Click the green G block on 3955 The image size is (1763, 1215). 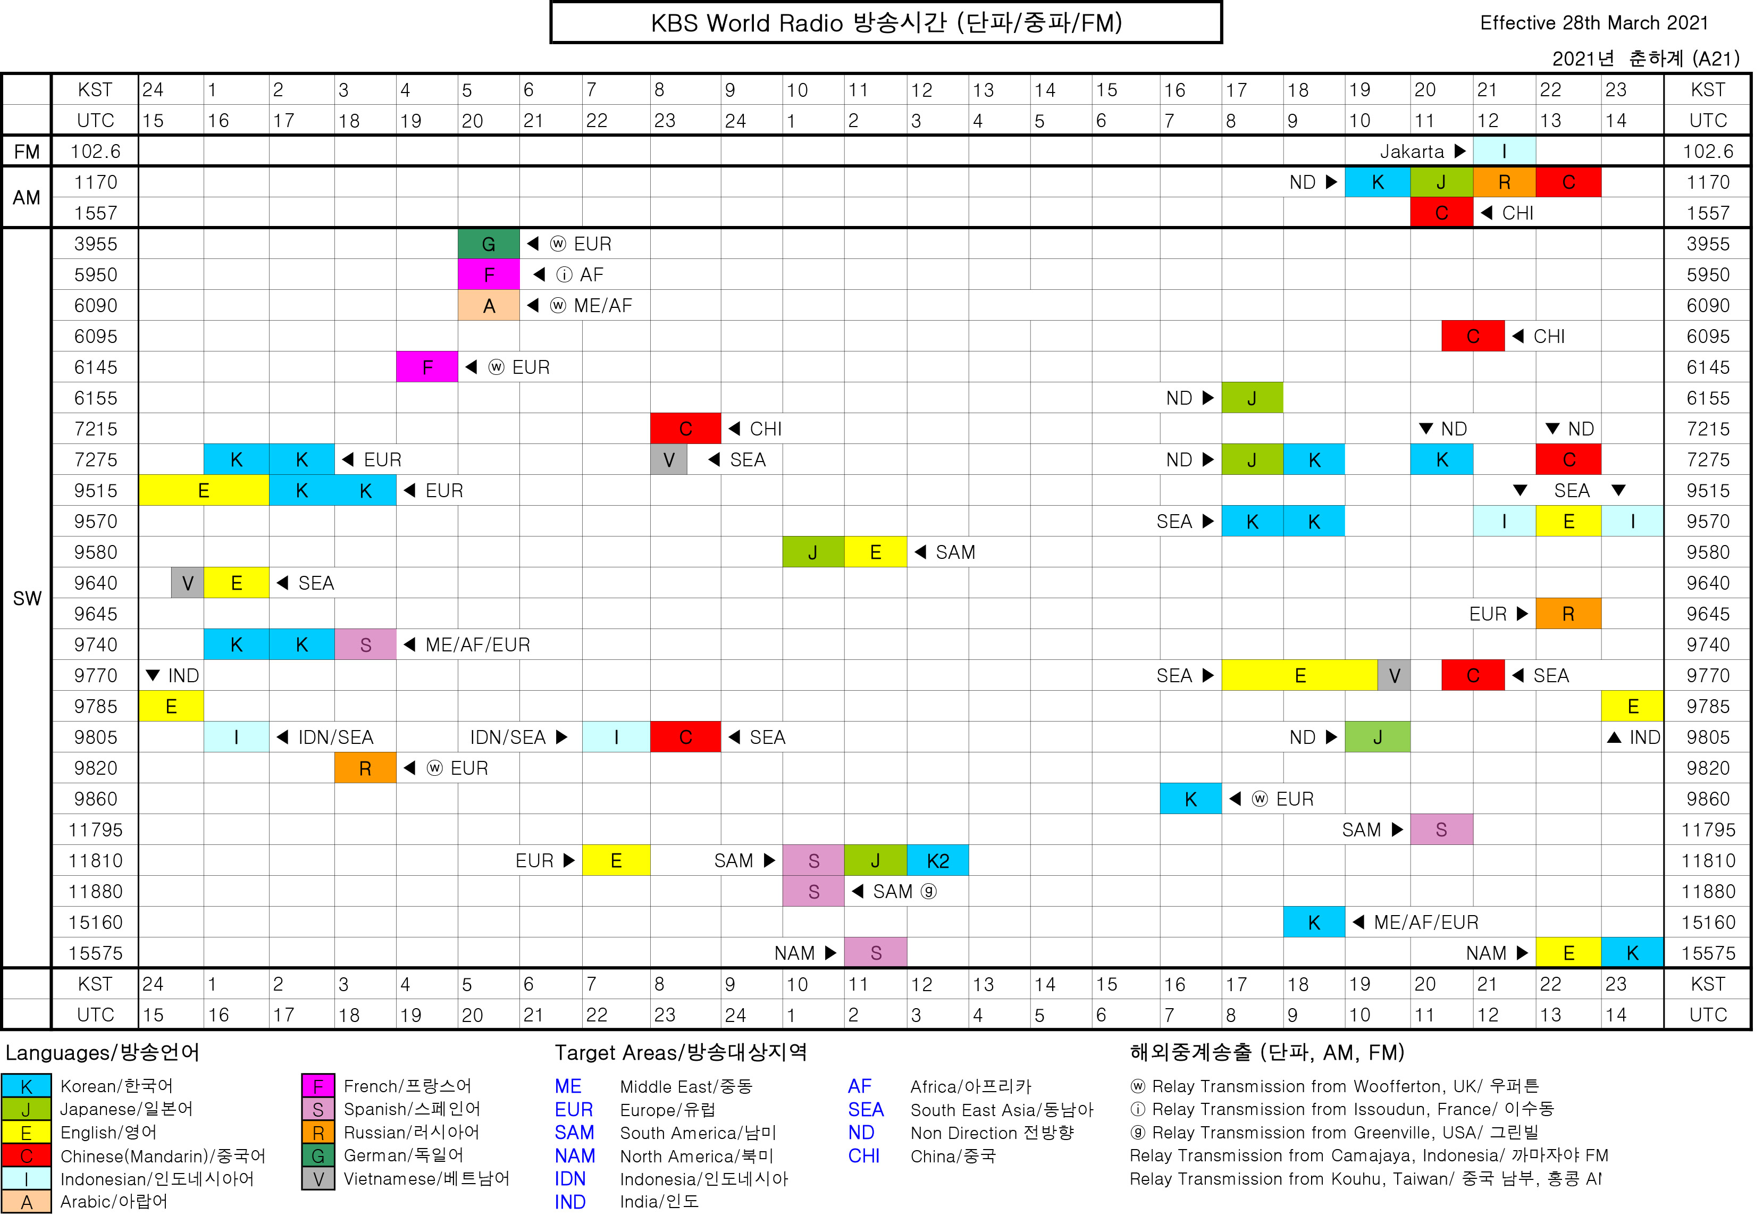click(488, 244)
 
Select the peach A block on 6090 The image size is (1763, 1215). click(488, 305)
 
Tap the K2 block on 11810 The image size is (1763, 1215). click(937, 860)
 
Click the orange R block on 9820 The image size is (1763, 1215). click(365, 768)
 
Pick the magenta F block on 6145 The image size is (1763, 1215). click(426, 367)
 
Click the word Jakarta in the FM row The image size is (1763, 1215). click(1412, 152)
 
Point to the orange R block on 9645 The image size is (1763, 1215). click(1567, 614)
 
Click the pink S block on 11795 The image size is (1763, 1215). click(1441, 830)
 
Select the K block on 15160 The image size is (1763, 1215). click(1313, 922)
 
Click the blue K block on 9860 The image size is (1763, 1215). click(1190, 799)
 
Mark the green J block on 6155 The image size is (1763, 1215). click(1252, 397)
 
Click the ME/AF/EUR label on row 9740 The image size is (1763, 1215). click(477, 645)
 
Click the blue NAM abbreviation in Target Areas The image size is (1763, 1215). click(575, 1155)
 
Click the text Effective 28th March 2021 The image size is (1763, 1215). click(1593, 23)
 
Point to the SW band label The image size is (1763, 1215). click(27, 598)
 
